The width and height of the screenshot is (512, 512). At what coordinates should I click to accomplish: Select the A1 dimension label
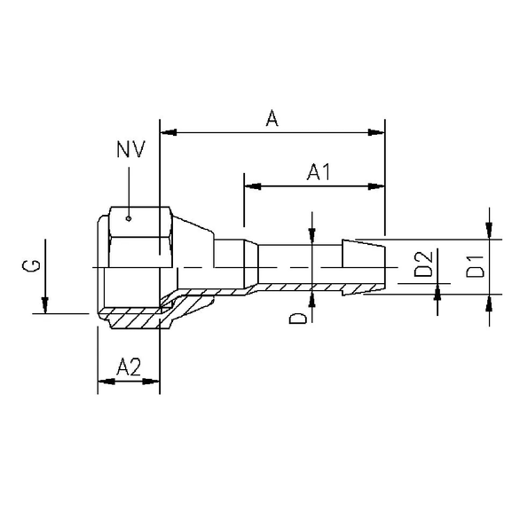click(x=318, y=173)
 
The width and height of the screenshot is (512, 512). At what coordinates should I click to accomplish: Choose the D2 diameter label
click(x=423, y=264)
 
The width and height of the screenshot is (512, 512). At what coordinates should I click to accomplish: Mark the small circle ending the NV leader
click(x=130, y=217)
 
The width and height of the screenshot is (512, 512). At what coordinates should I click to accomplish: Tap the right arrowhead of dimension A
click(x=377, y=133)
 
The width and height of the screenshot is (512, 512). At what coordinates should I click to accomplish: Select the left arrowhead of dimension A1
click(x=252, y=186)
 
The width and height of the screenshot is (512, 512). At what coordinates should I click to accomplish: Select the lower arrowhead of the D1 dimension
click(x=489, y=303)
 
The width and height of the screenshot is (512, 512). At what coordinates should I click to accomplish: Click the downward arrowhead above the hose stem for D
click(x=311, y=234)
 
